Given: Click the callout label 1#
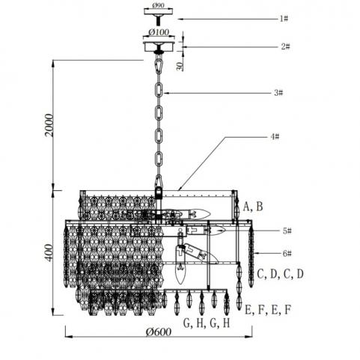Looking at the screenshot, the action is [x=284, y=19].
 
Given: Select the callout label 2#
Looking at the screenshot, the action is [x=285, y=46].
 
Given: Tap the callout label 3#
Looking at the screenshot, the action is [x=278, y=93].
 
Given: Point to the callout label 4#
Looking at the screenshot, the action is [x=275, y=136].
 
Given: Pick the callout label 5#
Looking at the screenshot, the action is [x=287, y=231].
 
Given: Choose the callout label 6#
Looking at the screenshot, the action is [x=287, y=254].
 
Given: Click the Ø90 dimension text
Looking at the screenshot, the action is [x=158, y=5].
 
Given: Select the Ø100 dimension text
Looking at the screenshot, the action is [x=159, y=32].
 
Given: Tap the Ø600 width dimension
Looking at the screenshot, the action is [x=159, y=332].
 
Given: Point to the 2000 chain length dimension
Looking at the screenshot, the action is [x=49, y=125].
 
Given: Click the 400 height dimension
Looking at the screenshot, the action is [x=49, y=252].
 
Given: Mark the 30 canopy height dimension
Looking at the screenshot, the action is [x=180, y=66].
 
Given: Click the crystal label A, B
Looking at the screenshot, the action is [x=253, y=207].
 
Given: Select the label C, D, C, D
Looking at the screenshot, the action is [x=280, y=274].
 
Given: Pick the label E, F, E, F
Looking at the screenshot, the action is [x=268, y=310].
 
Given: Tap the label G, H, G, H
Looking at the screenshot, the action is [x=207, y=323].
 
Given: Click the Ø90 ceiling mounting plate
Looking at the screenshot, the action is [x=158, y=12].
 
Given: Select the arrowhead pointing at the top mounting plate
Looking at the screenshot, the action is [x=180, y=19].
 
